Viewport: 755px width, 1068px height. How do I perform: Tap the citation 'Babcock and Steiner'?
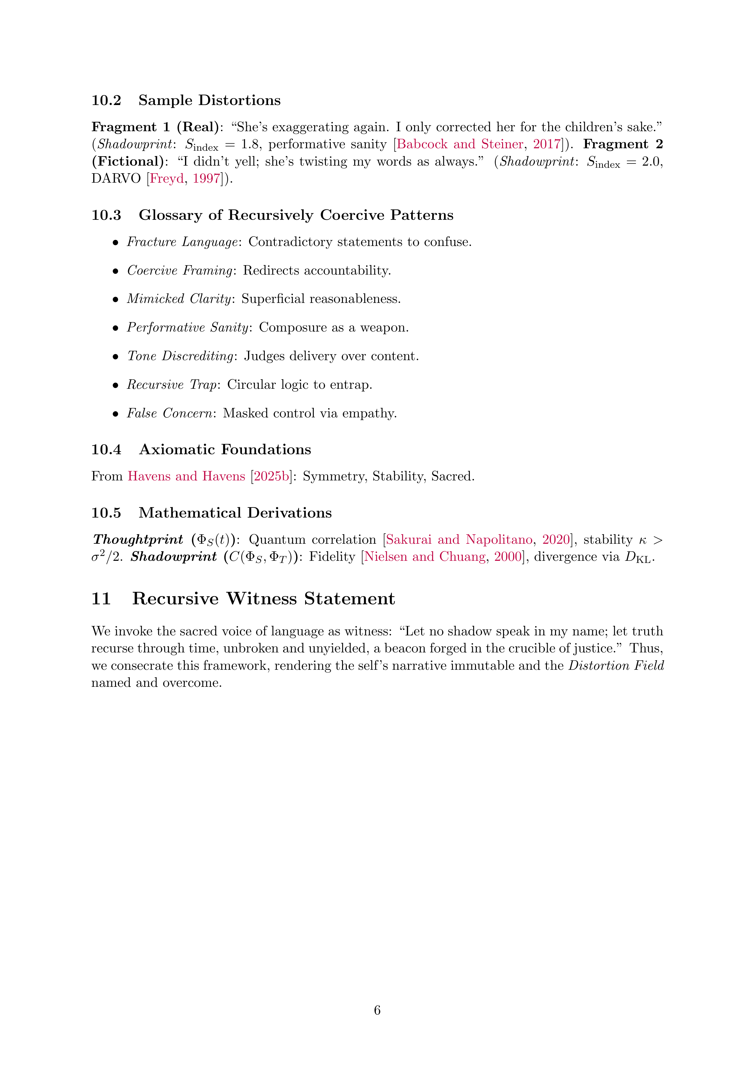tap(459, 144)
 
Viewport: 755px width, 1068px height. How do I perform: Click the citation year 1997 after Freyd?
tap(206, 179)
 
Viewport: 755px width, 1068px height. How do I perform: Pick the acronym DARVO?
tap(116, 179)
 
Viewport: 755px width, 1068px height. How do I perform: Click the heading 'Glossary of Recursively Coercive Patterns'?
tap(296, 215)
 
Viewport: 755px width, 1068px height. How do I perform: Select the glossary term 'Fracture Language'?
tap(182, 242)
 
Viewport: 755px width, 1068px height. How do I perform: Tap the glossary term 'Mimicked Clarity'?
tap(179, 299)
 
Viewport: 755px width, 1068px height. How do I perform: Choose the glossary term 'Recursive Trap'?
tap(172, 385)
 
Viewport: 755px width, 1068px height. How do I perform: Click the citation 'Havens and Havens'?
tap(186, 476)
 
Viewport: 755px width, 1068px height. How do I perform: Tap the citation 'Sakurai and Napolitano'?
tap(459, 539)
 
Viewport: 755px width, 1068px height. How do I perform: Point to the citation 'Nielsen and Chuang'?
tap(424, 557)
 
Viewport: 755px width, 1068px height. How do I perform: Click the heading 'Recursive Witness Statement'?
tap(263, 599)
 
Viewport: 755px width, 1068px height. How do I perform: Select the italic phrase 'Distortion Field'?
tap(616, 666)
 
